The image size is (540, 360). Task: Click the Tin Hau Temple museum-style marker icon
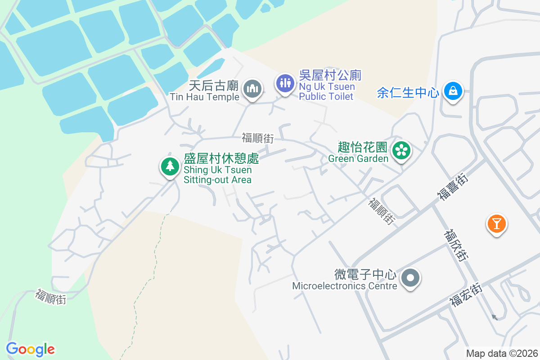[252, 89]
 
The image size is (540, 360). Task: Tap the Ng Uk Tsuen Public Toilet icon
[285, 83]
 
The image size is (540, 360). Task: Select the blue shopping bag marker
[453, 91]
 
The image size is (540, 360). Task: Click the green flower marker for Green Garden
[401, 150]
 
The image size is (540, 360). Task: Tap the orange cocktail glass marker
[496, 223]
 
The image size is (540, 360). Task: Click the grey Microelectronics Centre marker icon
[410, 278]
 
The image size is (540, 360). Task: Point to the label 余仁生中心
[408, 93]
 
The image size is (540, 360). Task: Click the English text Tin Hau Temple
[204, 97]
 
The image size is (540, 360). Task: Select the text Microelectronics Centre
[345, 286]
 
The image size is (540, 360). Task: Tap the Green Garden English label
[358, 158]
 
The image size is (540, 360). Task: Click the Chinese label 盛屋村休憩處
[221, 159]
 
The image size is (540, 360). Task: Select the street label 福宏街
[466, 295]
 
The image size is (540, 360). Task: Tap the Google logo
[30, 349]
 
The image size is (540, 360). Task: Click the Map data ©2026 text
[502, 353]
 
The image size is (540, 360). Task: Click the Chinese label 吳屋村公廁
[330, 75]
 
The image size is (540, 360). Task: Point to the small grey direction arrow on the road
[495, 317]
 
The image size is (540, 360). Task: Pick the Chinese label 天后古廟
[213, 85]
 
